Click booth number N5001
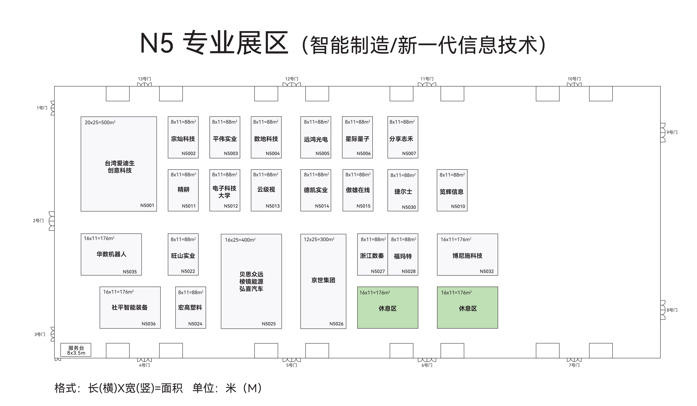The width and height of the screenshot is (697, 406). (147, 205)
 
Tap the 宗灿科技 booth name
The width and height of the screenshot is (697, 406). (183, 139)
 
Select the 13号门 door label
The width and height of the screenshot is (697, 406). (144, 79)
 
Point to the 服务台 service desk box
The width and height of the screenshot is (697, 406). (76, 350)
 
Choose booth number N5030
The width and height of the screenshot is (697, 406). (409, 207)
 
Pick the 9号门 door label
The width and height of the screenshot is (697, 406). (672, 132)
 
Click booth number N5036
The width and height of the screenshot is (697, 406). (149, 324)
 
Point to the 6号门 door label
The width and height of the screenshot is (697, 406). (427, 365)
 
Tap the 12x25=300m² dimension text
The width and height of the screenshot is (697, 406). (319, 239)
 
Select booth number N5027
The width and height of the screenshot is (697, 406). (378, 272)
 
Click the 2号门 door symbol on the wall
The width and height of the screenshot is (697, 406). (52, 221)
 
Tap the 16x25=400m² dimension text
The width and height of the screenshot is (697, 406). (240, 240)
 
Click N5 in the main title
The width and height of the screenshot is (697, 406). (157, 43)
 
